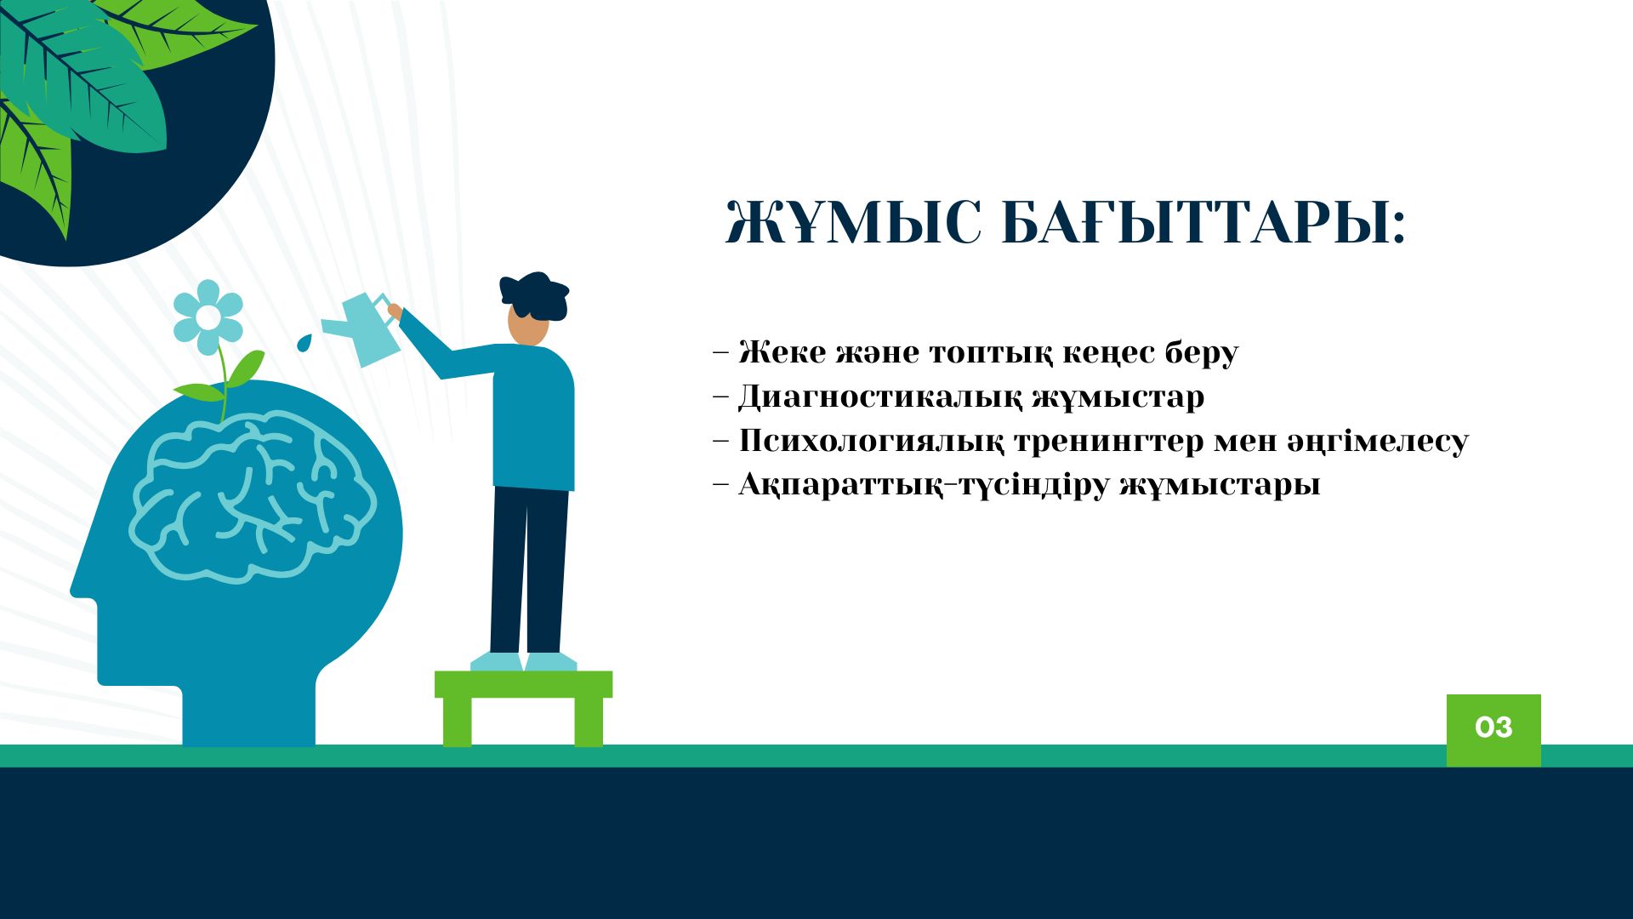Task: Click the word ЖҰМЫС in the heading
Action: click(853, 223)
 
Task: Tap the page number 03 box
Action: click(1494, 729)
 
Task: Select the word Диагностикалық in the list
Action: click(879, 398)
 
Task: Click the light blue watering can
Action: click(364, 328)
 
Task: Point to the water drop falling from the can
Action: click(304, 342)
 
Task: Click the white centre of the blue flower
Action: click(208, 317)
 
